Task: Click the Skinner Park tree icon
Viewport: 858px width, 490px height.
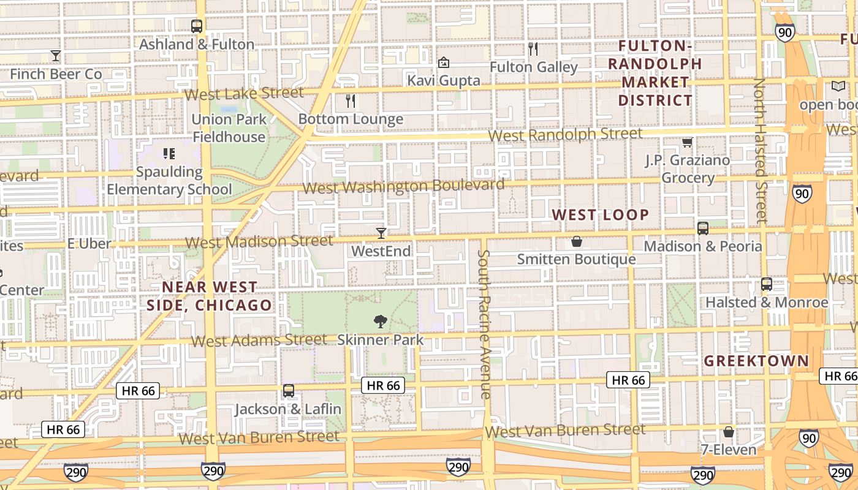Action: coord(381,321)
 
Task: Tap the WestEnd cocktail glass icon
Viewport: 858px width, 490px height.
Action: coord(381,233)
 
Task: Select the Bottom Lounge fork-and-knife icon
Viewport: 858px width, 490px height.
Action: coord(351,101)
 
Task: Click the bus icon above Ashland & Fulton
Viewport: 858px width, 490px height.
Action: coord(196,26)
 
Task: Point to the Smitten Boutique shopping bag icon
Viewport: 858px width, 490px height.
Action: coord(576,241)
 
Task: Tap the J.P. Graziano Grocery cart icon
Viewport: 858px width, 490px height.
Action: coord(687,142)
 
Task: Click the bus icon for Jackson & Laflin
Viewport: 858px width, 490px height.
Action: coord(288,390)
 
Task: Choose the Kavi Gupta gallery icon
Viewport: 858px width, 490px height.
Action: coord(443,62)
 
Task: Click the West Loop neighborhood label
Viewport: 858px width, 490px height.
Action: coord(600,214)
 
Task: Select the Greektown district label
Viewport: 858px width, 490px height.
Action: coord(756,361)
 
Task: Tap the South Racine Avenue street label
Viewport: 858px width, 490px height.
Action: coord(485,324)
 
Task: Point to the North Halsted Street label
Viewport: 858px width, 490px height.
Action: coord(760,150)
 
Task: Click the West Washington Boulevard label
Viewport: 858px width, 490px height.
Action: coord(403,186)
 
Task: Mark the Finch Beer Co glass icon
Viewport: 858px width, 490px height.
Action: coord(56,56)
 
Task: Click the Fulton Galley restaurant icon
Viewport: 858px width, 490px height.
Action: coord(533,49)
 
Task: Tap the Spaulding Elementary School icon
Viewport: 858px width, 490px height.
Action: coord(169,153)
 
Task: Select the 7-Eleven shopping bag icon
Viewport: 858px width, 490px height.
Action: coord(728,432)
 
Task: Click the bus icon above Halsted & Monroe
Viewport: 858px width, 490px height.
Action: coord(766,284)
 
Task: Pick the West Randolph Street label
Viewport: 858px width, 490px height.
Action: coord(566,134)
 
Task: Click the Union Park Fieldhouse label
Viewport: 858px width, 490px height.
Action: coord(229,127)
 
